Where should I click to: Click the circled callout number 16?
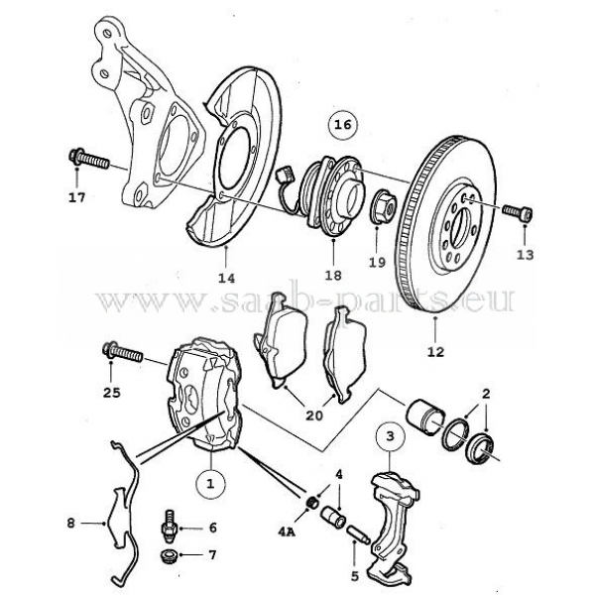pos(342,126)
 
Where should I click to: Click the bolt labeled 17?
pos(86,158)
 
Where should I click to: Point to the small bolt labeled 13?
pos(516,211)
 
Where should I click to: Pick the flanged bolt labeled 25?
pos(122,351)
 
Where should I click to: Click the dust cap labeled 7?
pos(171,553)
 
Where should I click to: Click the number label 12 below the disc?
pos(436,351)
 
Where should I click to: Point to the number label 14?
pos(227,278)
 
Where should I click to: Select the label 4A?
pos(286,533)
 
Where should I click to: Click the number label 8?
pos(70,521)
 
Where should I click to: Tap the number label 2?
pos(485,394)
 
